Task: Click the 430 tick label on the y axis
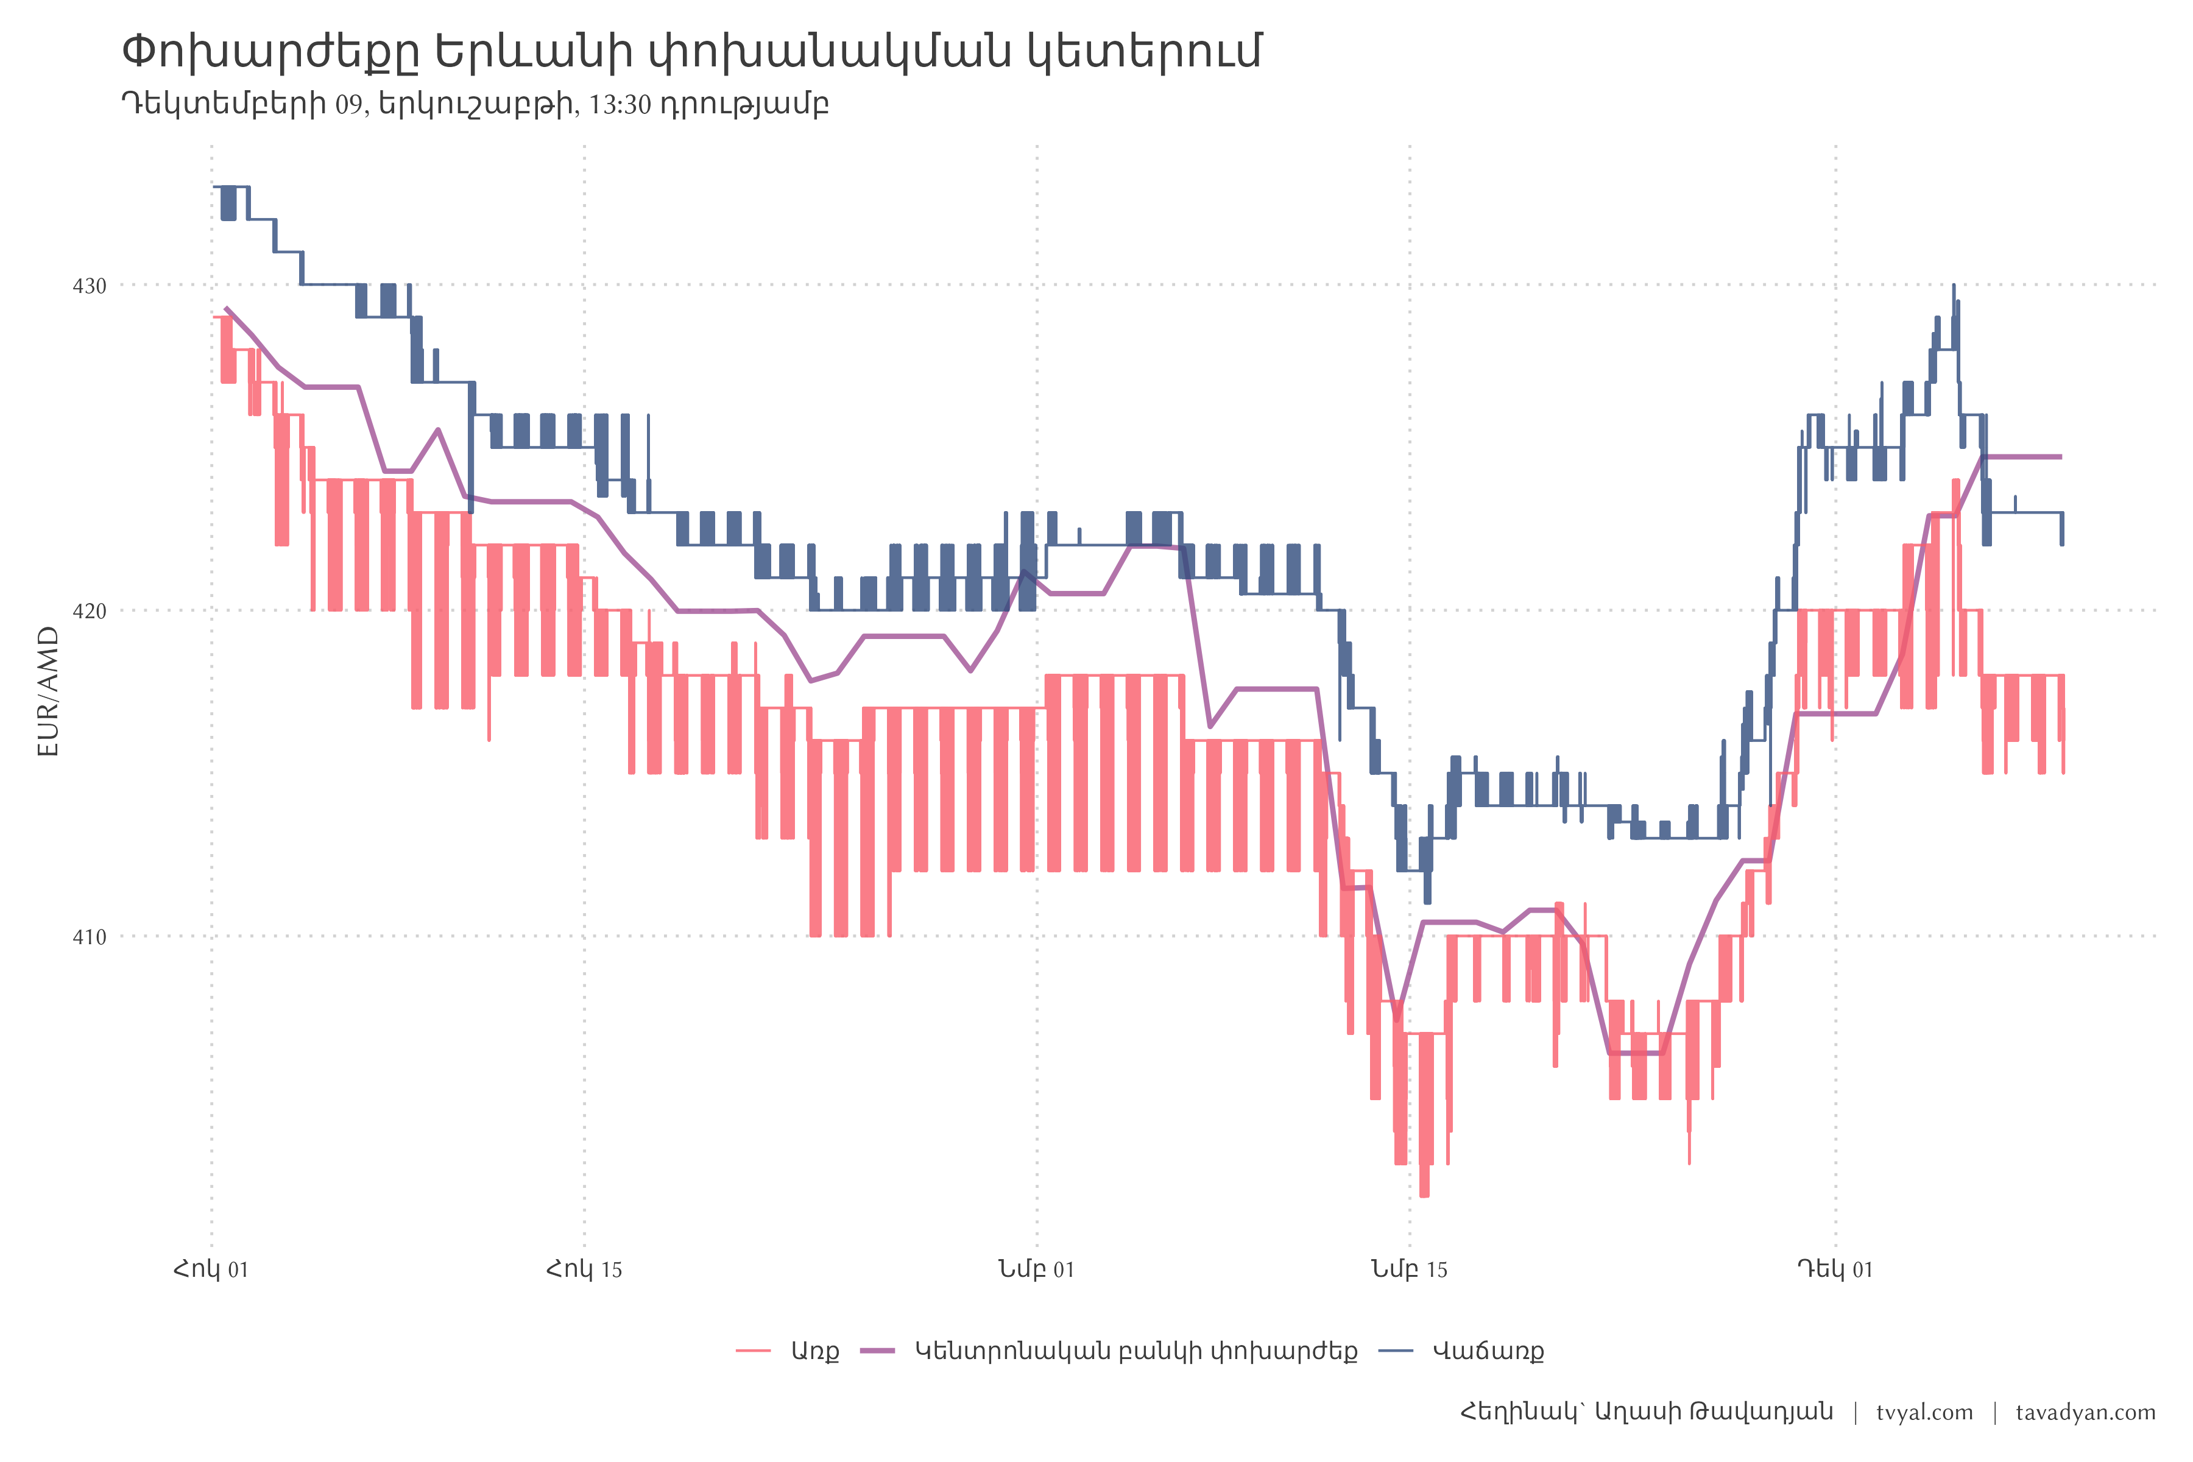point(90,285)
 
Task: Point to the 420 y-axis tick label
point(90,611)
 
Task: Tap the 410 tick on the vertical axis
point(90,936)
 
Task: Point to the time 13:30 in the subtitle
point(620,104)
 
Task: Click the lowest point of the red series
point(1424,1195)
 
